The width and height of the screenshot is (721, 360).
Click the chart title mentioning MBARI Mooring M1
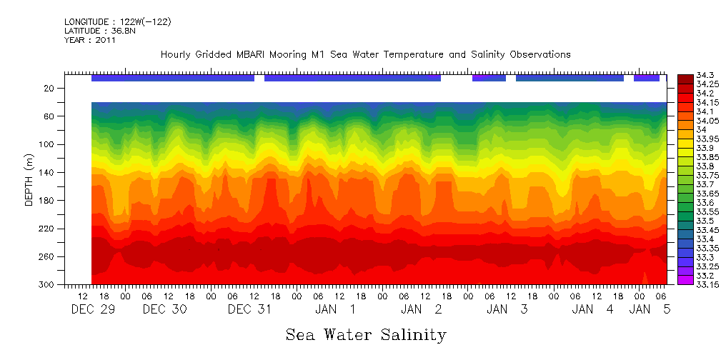(365, 55)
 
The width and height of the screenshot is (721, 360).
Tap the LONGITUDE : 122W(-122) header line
(117, 22)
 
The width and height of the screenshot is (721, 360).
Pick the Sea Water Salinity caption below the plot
(366, 335)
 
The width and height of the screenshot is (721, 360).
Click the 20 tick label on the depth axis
(49, 89)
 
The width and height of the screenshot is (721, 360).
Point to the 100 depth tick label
(47, 144)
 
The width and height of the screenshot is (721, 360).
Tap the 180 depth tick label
(47, 201)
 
